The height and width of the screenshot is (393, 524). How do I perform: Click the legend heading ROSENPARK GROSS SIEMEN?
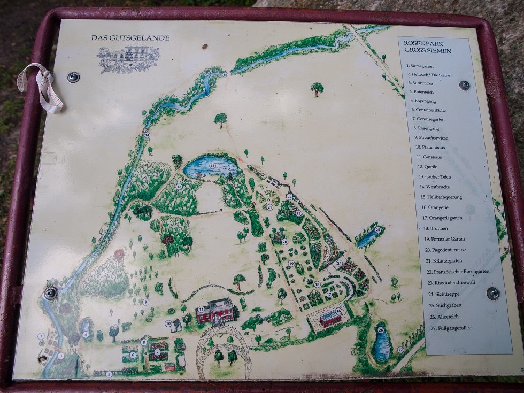click(x=428, y=47)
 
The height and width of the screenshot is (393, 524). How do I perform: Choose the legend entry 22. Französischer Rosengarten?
click(x=458, y=271)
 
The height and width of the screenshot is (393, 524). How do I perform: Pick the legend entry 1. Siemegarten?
click(x=420, y=65)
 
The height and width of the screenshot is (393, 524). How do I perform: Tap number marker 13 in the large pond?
click(x=212, y=166)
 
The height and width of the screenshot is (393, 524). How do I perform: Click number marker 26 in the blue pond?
click(x=381, y=330)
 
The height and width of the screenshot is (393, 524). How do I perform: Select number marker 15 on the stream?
click(x=225, y=74)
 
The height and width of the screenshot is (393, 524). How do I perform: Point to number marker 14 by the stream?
click(x=147, y=136)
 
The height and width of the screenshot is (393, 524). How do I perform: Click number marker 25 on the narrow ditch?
click(x=377, y=230)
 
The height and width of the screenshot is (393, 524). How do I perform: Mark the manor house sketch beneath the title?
click(x=128, y=58)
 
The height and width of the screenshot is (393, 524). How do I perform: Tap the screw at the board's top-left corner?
click(x=73, y=77)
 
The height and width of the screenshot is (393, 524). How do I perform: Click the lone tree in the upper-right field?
click(x=317, y=88)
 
